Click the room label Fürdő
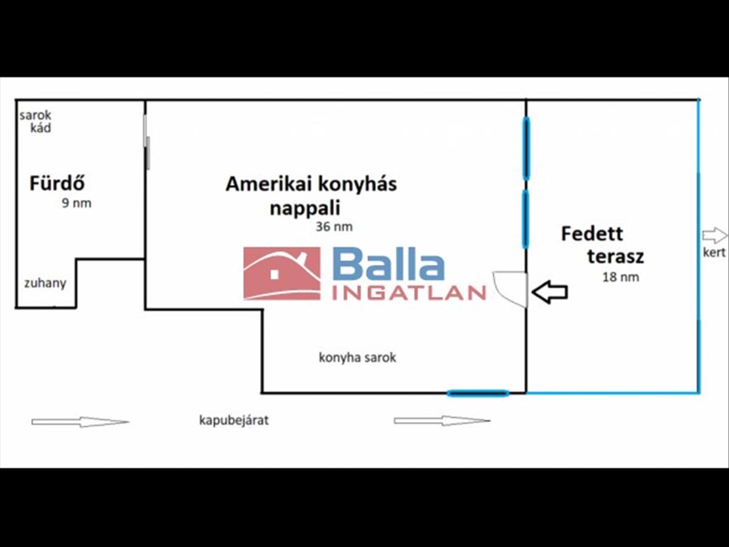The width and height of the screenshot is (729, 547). point(57,183)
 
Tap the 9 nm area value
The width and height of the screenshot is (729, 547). point(77,204)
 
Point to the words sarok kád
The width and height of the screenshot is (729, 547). point(36,122)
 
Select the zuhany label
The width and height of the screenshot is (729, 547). point(45,283)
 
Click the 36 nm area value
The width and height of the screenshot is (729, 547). point(334,227)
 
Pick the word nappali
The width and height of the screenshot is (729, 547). point(304,208)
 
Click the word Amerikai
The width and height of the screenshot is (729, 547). point(261,184)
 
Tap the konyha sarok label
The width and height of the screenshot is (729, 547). point(357,358)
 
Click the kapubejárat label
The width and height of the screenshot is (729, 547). point(234,420)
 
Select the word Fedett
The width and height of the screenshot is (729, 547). point(592,233)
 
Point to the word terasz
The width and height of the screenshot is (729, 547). point(615,256)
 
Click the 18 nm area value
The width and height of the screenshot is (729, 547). point(620,277)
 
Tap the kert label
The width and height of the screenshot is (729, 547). point(714,252)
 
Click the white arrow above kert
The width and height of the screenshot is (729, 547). point(714,235)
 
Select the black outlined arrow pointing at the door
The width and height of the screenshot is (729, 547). point(550,292)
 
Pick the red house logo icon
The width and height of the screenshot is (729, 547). point(282,273)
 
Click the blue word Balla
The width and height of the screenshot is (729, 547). point(389,266)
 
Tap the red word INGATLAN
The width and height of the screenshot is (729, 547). point(408,294)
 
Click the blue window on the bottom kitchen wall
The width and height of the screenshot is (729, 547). point(478,393)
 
